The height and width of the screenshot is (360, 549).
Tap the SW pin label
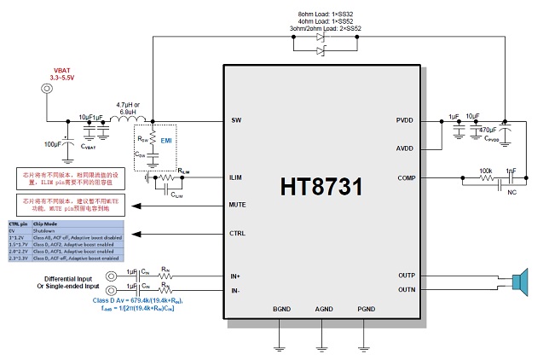tap(236, 120)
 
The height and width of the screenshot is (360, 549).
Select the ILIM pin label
tap(238, 177)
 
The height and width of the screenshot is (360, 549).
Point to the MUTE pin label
tap(239, 205)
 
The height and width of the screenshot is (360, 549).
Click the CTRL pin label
tap(238, 233)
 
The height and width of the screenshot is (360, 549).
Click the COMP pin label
tap(406, 177)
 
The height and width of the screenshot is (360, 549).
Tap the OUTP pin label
tap(407, 276)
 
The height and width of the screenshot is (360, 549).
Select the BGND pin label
tap(281, 309)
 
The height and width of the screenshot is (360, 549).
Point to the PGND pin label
tap(366, 309)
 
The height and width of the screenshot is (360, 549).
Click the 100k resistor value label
tap(485, 170)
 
